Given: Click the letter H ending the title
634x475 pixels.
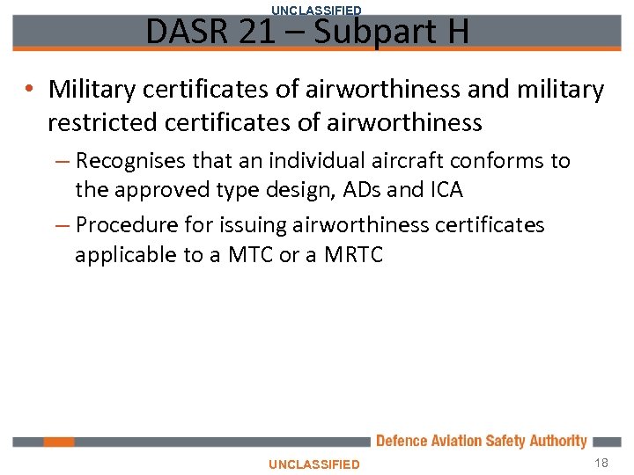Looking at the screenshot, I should coord(456,32).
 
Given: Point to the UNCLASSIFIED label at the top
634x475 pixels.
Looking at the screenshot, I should coord(316,10).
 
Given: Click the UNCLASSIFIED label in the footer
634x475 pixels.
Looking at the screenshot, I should coord(314,464).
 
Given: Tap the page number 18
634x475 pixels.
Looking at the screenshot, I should coord(601,463).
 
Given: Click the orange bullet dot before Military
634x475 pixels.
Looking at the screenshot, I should coord(30,90).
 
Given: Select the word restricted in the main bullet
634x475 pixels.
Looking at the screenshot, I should coord(100,122).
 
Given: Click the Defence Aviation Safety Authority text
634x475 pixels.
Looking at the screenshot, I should coord(481,441).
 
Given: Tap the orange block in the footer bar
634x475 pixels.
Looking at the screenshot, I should coord(60,442).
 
